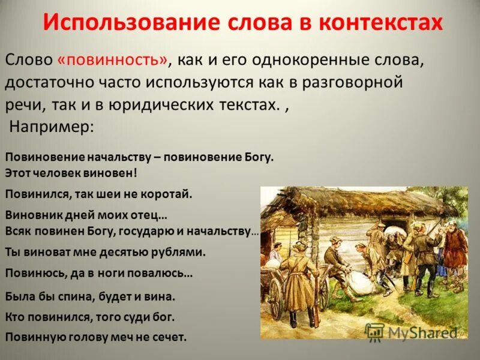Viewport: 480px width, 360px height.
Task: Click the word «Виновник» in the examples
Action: tap(29, 214)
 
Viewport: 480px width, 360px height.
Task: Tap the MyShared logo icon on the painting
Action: tap(374, 331)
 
